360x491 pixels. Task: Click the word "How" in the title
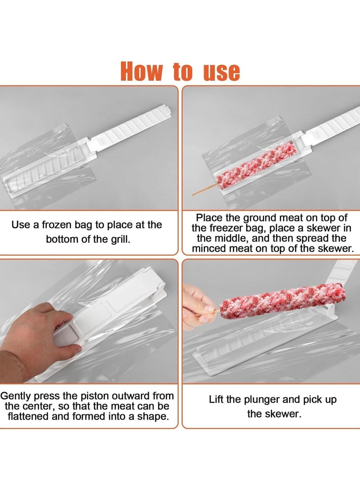[141, 71]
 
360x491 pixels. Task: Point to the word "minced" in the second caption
[213, 248]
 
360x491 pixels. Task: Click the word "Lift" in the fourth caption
[218, 400]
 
